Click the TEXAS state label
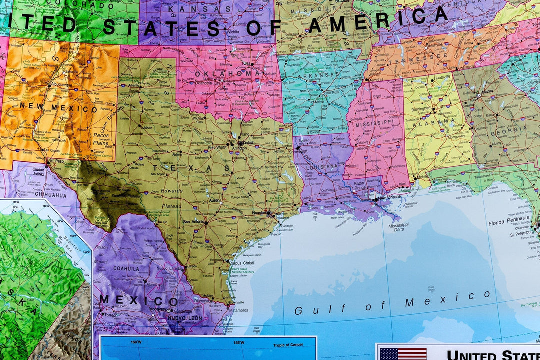point(192,168)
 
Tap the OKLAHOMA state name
point(227,74)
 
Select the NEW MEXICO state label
point(59,107)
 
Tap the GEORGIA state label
point(509,129)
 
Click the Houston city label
point(260,213)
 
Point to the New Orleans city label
point(389,198)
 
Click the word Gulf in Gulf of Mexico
point(306,310)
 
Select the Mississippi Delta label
point(395,228)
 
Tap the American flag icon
point(403,353)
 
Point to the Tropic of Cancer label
point(288,345)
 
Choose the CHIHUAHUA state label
point(50,195)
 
